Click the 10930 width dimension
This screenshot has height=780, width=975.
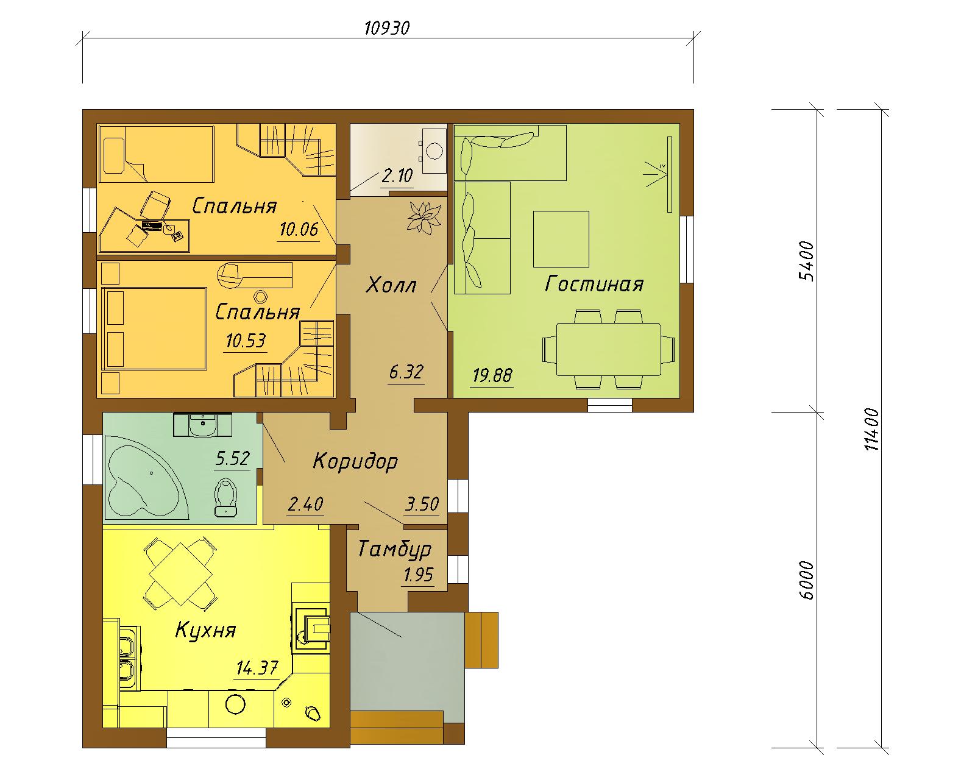point(387,28)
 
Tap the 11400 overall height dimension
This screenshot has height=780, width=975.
point(871,429)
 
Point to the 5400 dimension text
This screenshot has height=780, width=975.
point(806,261)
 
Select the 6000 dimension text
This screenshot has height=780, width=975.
point(806,581)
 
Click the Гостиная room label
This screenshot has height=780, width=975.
point(594,284)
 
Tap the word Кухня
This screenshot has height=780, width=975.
point(206,630)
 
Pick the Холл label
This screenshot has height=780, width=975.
point(391,286)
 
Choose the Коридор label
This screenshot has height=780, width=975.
point(355,462)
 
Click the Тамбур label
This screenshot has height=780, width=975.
point(395,550)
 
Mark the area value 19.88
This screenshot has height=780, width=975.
point(492,375)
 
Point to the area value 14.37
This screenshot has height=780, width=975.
point(257,668)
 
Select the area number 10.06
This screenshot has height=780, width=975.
point(299,229)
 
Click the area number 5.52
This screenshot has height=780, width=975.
point(232,459)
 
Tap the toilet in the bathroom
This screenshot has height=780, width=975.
point(225,497)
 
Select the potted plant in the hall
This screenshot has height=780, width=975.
point(424,218)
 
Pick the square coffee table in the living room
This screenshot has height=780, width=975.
point(561,239)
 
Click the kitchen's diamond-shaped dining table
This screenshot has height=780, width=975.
point(181,574)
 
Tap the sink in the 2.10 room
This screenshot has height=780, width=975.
point(434,151)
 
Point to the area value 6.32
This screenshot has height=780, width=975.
point(406,372)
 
